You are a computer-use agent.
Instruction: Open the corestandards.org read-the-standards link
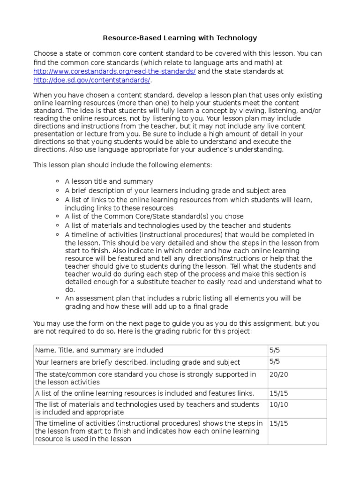tap(114, 71)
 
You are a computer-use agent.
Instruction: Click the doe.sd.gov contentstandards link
tap(91, 80)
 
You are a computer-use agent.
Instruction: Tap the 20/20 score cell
tap(278, 374)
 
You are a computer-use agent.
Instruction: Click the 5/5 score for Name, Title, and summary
tap(274, 350)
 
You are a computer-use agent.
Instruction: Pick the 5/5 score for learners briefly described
tap(274, 362)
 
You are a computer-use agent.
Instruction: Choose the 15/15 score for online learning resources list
tap(278, 393)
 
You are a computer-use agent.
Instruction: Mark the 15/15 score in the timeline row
tap(278, 423)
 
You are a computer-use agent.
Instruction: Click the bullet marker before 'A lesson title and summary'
tap(57, 181)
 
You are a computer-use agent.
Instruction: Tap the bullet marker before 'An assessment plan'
tap(57, 298)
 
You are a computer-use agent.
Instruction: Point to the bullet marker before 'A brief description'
tap(57, 190)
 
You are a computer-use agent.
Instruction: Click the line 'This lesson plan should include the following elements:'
tap(122, 165)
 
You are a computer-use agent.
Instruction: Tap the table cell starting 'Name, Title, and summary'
tap(99, 350)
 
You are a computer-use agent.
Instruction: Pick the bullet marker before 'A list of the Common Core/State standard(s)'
tap(57, 217)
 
